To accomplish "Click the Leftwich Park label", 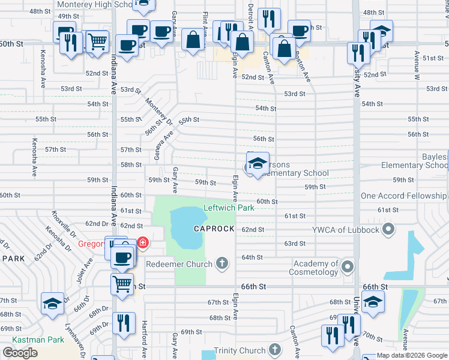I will point(229,208).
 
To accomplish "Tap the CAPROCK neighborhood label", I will point(213,229).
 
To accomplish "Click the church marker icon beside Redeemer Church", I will point(222,263).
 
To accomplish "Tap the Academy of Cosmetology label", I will point(316,268).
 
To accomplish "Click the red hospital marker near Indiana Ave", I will point(143,243).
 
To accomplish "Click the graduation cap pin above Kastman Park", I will point(52,304).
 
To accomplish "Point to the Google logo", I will point(20,353).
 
